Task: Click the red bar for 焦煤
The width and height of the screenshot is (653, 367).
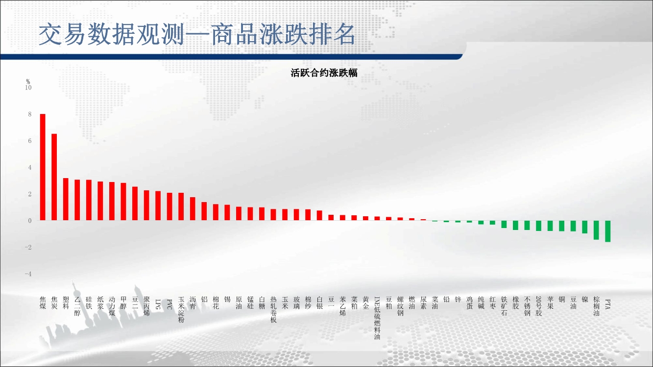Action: click(x=43, y=167)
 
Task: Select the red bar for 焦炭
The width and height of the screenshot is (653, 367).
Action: click(x=54, y=177)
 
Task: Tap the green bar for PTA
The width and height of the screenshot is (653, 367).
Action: click(x=608, y=231)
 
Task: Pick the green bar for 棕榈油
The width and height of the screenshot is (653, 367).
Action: click(x=596, y=230)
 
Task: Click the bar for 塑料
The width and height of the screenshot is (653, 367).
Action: click(x=66, y=199)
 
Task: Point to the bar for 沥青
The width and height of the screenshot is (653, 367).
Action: click(x=193, y=209)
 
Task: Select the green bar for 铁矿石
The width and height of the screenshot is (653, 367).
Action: click(x=504, y=224)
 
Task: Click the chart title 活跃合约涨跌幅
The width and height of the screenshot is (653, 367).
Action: click(x=324, y=73)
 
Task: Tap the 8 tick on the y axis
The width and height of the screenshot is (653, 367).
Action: click(x=30, y=114)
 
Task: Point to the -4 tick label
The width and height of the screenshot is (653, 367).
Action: click(x=28, y=274)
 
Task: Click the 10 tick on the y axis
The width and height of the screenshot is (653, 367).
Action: click(x=28, y=88)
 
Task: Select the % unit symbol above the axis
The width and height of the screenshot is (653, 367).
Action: click(x=28, y=82)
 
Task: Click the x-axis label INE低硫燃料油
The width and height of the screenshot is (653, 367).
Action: click(x=377, y=318)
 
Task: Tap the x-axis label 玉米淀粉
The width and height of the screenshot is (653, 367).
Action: click(x=181, y=310)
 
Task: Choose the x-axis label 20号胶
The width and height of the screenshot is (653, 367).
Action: click(x=538, y=306)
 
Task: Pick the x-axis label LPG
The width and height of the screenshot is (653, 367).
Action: click(x=158, y=304)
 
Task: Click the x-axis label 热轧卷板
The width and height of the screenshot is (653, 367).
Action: click(x=273, y=310)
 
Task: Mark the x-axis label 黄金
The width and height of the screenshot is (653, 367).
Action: click(x=365, y=303)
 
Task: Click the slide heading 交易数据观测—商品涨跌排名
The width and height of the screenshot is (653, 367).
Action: click(x=197, y=34)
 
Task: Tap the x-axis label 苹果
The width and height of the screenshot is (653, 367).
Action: click(x=550, y=303)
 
